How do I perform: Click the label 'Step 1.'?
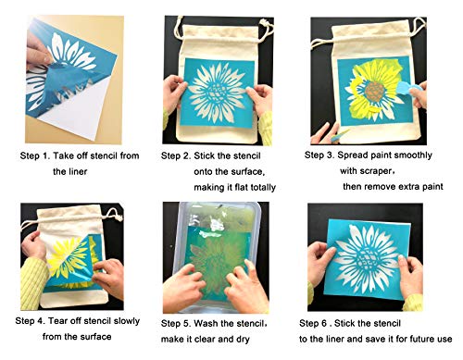coord(40,156)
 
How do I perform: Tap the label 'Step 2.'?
coord(180,156)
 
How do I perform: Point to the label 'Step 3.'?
coord(323,156)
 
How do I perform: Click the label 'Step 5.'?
coord(180,323)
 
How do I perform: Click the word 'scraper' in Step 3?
coord(386,170)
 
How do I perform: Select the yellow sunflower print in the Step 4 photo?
coord(69,258)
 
